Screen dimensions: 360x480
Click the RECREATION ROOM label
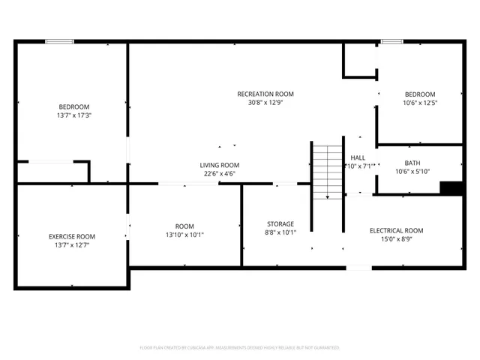tap(265, 94)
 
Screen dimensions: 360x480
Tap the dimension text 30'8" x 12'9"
tap(265, 104)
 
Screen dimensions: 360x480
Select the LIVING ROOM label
tap(219, 165)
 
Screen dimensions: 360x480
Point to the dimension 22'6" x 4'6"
tap(219, 175)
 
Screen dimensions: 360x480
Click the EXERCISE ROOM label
tap(71, 236)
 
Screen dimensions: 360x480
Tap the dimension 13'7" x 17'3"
tap(74, 115)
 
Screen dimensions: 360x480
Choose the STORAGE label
tap(280, 223)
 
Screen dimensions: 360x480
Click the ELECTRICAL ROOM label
tap(397, 230)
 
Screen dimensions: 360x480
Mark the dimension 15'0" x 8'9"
tap(397, 240)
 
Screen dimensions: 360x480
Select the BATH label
tap(412, 163)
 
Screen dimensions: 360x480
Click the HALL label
tap(358, 157)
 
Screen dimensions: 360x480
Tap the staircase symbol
tap(327, 171)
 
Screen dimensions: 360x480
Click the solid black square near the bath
tap(451, 188)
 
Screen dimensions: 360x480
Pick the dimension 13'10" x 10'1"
tap(184, 235)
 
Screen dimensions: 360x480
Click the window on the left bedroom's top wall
tap(58, 42)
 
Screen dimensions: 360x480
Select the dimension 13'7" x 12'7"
tap(71, 246)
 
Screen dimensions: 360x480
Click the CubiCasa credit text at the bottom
tap(240, 347)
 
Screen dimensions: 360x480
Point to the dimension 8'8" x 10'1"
tap(280, 233)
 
